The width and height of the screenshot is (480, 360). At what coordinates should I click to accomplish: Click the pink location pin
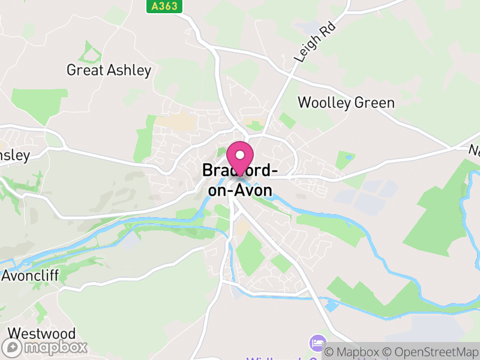coord(241,159)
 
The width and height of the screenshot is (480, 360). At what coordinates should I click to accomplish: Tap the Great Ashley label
coord(109,70)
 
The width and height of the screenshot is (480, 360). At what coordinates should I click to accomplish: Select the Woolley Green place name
coord(346,103)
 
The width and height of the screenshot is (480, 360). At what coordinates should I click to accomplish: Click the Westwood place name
coord(41,334)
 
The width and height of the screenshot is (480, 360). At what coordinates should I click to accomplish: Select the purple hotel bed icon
coord(316,344)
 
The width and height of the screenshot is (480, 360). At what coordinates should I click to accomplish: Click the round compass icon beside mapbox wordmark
coord(13,347)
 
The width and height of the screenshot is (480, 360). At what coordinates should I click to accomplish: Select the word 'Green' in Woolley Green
coord(374,103)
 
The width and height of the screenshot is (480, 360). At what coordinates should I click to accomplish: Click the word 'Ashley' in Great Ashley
coord(130,70)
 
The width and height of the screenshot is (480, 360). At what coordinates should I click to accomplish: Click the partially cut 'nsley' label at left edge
coord(14,156)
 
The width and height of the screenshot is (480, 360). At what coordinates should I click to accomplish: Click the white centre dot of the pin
coord(241,155)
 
